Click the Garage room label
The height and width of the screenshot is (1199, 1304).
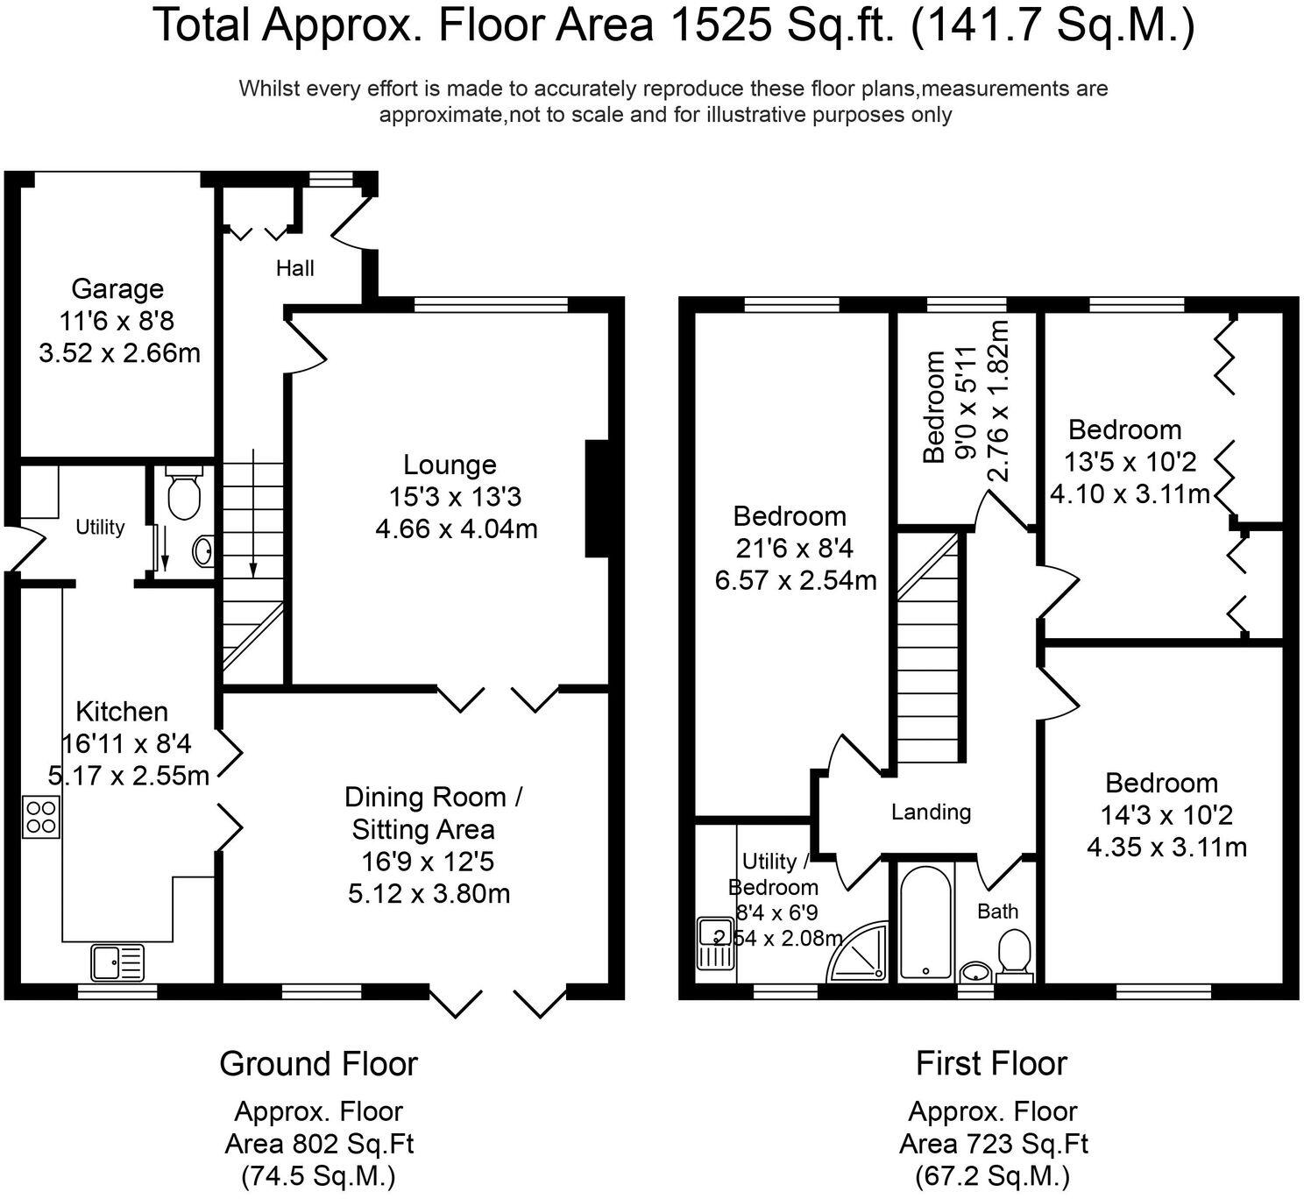pyautogui.click(x=117, y=288)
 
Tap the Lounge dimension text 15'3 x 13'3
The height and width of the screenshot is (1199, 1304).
pyautogui.click(x=455, y=497)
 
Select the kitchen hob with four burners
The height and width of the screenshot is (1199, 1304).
pyautogui.click(x=41, y=816)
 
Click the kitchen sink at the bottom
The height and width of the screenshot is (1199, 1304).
pyautogui.click(x=117, y=962)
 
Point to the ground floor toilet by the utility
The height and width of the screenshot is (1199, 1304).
pyautogui.click(x=183, y=495)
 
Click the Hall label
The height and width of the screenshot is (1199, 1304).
pyautogui.click(x=295, y=268)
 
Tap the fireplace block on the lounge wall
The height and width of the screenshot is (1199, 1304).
pyautogui.click(x=596, y=498)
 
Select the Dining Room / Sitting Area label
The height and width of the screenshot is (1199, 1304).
pyautogui.click(x=433, y=812)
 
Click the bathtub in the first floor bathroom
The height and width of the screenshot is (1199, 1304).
pyautogui.click(x=925, y=923)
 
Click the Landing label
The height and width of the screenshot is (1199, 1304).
pyautogui.click(x=931, y=812)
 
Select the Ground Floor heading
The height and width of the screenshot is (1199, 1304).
pyautogui.click(x=318, y=1063)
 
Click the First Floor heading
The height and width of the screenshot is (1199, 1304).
pyautogui.click(x=991, y=1063)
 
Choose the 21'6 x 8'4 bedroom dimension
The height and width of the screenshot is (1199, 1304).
pyautogui.click(x=795, y=548)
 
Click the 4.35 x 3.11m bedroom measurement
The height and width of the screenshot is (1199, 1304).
pyautogui.click(x=1166, y=848)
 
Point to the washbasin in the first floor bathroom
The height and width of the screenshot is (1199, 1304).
pyautogui.click(x=976, y=971)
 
